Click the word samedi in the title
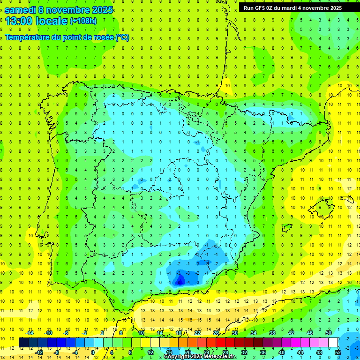(x=21, y=10)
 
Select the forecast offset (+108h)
(x=83, y=21)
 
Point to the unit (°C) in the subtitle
(x=122, y=37)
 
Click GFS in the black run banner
(x=261, y=8)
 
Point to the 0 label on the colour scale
(x=93, y=352)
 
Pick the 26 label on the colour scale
(x=216, y=332)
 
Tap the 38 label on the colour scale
(x=272, y=332)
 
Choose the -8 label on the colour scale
(x=57, y=352)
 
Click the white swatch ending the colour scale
(x=332, y=342)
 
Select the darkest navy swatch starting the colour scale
(x=23, y=342)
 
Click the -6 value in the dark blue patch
(x=180, y=282)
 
